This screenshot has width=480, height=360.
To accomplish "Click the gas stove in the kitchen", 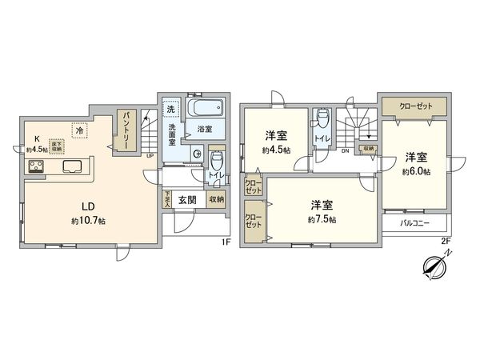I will (38, 167).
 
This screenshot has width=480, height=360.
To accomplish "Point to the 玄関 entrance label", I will (187, 200).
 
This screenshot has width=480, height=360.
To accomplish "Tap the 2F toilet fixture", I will (322, 121).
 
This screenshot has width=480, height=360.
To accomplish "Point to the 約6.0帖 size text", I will (416, 171).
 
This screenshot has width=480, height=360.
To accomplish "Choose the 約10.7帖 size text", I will (88, 220).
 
